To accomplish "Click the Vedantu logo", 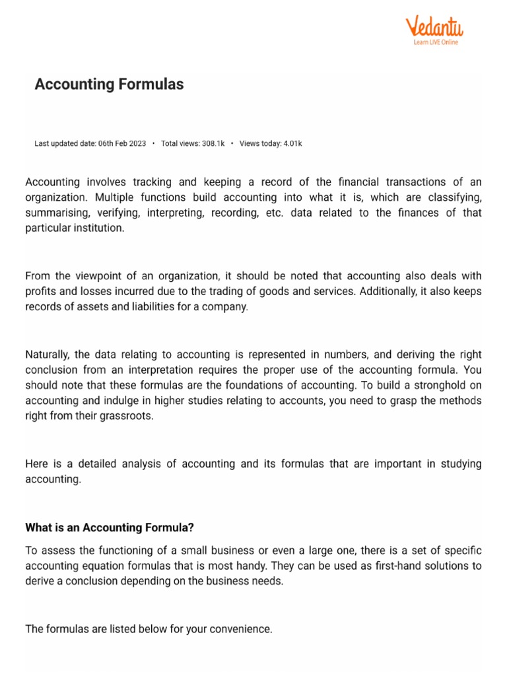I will pyautogui.click(x=434, y=27).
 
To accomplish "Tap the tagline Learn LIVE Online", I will pyautogui.click(x=436, y=42).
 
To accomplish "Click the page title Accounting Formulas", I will pyautogui.click(x=109, y=84).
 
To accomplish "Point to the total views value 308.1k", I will pyautogui.click(x=213, y=143).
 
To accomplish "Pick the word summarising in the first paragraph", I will pyautogui.click(x=56, y=213).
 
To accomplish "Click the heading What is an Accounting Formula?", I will pyautogui.click(x=110, y=527).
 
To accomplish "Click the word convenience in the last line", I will pyautogui.click(x=240, y=629).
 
